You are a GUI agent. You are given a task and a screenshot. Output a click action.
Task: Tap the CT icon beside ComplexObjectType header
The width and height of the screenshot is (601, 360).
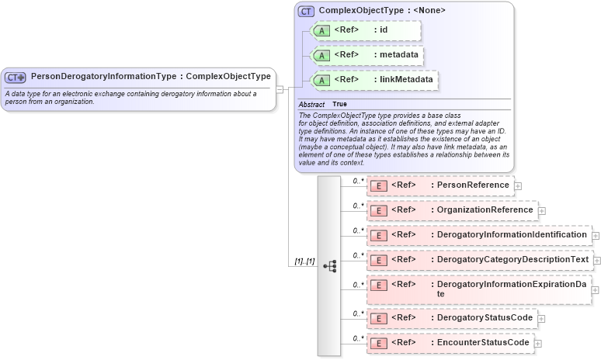click(307, 11)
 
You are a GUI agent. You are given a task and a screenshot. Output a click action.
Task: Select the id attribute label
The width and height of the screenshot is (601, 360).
click(383, 30)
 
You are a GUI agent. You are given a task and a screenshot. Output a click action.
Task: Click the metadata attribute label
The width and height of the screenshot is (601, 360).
click(398, 54)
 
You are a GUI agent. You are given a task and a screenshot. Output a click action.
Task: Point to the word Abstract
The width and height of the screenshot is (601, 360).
click(312, 103)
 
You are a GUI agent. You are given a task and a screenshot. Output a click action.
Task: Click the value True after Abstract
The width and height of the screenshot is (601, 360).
click(340, 103)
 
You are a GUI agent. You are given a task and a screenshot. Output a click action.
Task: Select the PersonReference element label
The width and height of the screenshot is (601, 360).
click(473, 185)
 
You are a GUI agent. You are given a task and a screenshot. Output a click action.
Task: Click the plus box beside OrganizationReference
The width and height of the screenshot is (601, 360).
click(542, 210)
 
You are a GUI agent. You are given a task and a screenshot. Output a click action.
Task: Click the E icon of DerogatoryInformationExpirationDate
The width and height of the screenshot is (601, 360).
click(378, 289)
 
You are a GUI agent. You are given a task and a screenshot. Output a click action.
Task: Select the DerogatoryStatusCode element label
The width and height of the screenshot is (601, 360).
click(485, 317)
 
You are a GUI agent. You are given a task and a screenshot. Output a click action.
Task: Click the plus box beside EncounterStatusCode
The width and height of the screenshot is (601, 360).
click(537, 343)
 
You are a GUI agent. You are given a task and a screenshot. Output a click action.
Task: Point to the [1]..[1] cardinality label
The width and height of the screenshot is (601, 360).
click(304, 262)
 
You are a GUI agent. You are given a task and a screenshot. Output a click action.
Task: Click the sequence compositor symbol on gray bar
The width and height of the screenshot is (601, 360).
click(329, 265)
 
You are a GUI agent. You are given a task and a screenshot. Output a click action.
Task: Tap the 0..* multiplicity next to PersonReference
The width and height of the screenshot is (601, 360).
click(358, 181)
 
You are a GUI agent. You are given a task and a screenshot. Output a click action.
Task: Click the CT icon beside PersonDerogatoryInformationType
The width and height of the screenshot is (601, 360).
click(16, 77)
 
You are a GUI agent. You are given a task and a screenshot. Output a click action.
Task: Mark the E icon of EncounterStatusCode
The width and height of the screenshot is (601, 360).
click(378, 342)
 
